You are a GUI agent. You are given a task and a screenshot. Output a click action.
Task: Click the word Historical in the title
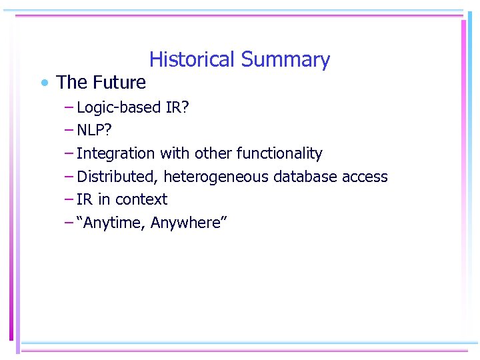(193, 60)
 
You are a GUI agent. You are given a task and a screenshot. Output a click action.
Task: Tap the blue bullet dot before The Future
(43, 83)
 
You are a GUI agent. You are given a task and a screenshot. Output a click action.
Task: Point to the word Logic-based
(119, 107)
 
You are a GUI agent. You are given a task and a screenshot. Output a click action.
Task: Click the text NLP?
(94, 130)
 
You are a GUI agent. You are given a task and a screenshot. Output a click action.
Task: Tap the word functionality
(279, 153)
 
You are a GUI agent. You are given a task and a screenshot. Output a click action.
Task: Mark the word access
(365, 177)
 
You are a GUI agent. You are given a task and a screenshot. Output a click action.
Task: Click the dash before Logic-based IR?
(69, 107)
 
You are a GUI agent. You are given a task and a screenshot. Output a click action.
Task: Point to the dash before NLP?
(69, 129)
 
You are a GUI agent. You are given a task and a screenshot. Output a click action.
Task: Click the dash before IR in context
(69, 199)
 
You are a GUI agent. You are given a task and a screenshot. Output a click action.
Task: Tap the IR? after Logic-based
(177, 107)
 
